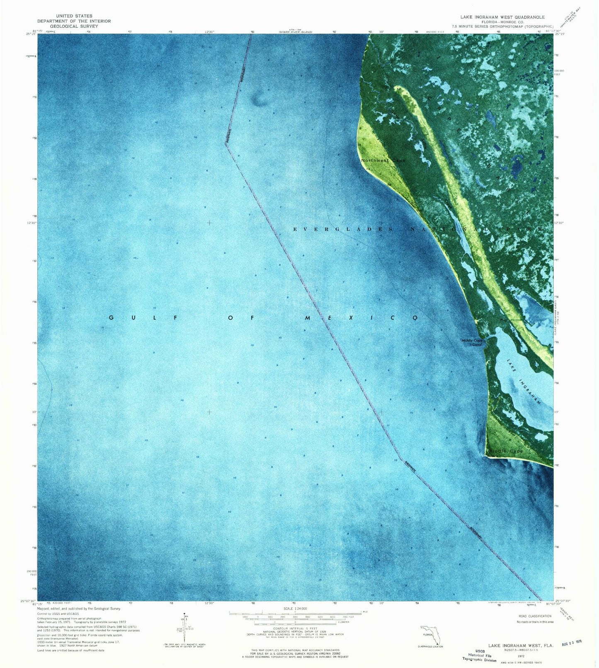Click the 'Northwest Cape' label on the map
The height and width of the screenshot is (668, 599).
click(383, 160)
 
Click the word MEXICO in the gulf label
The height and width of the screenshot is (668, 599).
click(361, 318)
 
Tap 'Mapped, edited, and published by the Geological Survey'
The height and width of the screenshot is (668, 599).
click(79, 609)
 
